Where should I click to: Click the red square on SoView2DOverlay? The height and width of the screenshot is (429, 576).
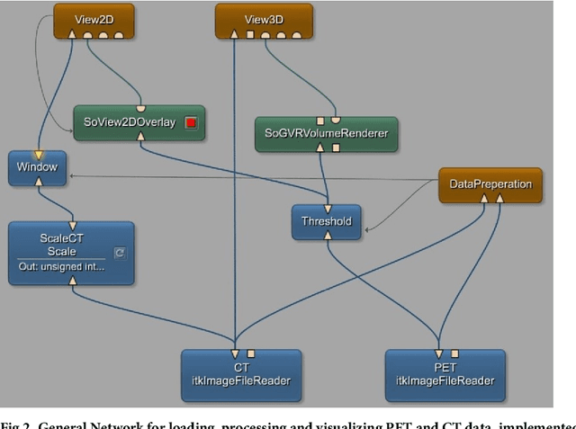tap(191, 123)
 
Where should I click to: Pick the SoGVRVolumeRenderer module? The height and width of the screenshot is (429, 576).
tap(327, 134)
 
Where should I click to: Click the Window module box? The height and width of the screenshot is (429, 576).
tap(37, 168)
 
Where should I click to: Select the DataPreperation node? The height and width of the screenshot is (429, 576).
tap(490, 184)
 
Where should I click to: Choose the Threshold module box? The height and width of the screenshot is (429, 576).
tap(326, 221)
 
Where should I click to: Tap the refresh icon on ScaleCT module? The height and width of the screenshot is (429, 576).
tap(121, 254)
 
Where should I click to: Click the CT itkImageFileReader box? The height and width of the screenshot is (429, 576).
tap(241, 374)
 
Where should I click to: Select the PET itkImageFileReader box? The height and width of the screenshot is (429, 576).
tap(445, 374)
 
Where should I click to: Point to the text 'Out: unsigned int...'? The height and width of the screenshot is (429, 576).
tap(61, 267)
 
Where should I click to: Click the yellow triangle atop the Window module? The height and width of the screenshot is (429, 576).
tap(39, 155)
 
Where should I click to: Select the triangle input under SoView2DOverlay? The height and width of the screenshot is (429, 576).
tap(139, 137)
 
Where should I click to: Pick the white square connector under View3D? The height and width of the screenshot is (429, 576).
tap(251, 35)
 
